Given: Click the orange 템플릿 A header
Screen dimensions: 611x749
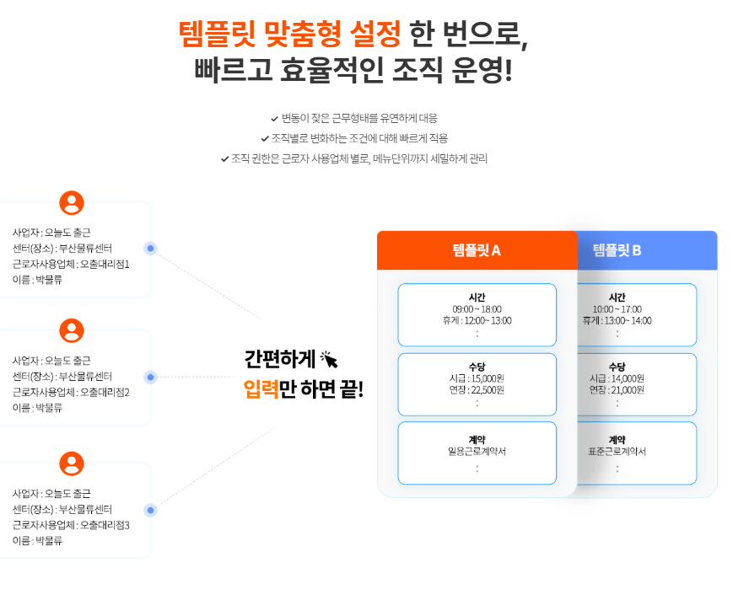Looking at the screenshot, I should pyautogui.click(x=477, y=250).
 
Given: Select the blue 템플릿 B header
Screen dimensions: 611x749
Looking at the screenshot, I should pyautogui.click(x=617, y=250).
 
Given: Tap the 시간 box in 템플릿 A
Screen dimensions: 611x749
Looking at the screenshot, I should pyautogui.click(x=477, y=314).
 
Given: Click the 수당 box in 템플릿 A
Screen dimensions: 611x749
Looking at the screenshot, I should pyautogui.click(x=477, y=384).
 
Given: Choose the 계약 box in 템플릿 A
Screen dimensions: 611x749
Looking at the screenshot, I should pyautogui.click(x=477, y=453).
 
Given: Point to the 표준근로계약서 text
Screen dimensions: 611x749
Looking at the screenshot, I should pyautogui.click(x=617, y=452).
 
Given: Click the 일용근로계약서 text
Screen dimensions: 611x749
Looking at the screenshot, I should pyautogui.click(x=477, y=452).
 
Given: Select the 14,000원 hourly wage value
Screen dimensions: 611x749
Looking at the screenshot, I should pyautogui.click(x=628, y=378).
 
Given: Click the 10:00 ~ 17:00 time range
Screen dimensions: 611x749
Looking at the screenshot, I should pyautogui.click(x=617, y=309).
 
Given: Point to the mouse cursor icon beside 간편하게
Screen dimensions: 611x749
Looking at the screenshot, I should pyautogui.click(x=329, y=360).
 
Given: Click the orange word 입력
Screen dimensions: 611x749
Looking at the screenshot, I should pyautogui.click(x=261, y=389).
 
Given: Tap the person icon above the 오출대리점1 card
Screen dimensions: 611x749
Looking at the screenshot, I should pyautogui.click(x=72, y=203).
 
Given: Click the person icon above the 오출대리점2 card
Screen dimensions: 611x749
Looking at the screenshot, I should pyautogui.click(x=72, y=331).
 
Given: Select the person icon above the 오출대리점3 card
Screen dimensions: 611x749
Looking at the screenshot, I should pyautogui.click(x=72, y=464).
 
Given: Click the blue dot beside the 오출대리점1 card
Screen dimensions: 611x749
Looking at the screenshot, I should pyautogui.click(x=150, y=248).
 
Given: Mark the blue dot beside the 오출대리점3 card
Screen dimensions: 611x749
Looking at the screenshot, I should pyautogui.click(x=150, y=510).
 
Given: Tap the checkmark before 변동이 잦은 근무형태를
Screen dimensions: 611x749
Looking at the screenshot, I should pyautogui.click(x=274, y=119).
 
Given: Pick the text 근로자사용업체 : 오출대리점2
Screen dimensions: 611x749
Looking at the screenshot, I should pyautogui.click(x=71, y=392).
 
